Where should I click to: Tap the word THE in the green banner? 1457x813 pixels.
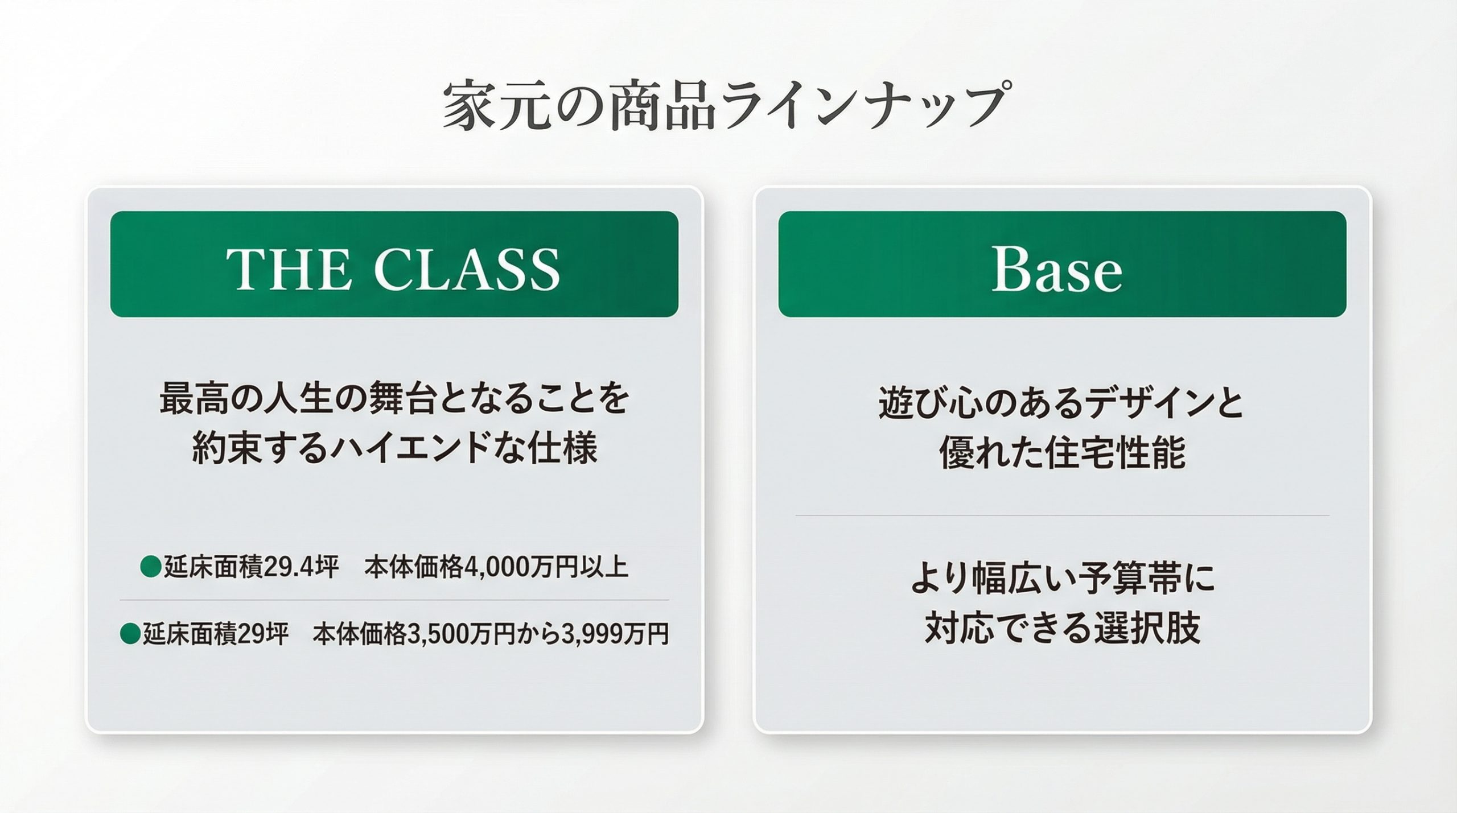[288, 269]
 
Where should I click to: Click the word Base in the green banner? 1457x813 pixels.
[1057, 269]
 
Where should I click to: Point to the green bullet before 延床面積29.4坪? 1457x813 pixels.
[151, 567]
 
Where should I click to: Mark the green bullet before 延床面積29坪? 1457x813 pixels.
[130, 634]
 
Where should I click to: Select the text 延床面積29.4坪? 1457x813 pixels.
[252, 567]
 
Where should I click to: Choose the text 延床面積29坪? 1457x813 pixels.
[215, 634]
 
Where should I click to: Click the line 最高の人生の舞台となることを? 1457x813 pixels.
[394, 399]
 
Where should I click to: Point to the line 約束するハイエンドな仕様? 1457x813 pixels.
[394, 448]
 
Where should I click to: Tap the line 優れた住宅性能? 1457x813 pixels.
[1062, 452]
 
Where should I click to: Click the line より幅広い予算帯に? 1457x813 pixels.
[1062, 577]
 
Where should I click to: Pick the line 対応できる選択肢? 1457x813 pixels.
[1062, 627]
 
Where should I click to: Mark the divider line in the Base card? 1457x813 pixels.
[1062, 516]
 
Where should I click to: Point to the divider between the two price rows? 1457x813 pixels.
[394, 600]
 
